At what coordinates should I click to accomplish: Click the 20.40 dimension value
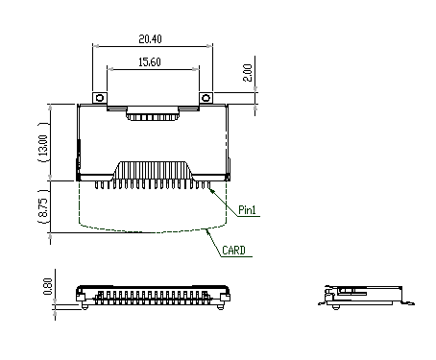(x=150, y=39)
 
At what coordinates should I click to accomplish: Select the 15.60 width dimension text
(x=150, y=61)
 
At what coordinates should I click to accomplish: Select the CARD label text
(x=233, y=251)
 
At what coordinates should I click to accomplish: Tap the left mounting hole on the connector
(x=98, y=98)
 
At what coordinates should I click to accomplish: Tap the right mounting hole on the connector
(x=205, y=98)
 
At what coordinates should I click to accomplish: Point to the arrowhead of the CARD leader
(x=207, y=230)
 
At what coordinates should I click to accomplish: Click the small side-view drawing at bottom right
(x=366, y=296)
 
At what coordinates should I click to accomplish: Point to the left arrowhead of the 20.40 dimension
(x=95, y=46)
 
